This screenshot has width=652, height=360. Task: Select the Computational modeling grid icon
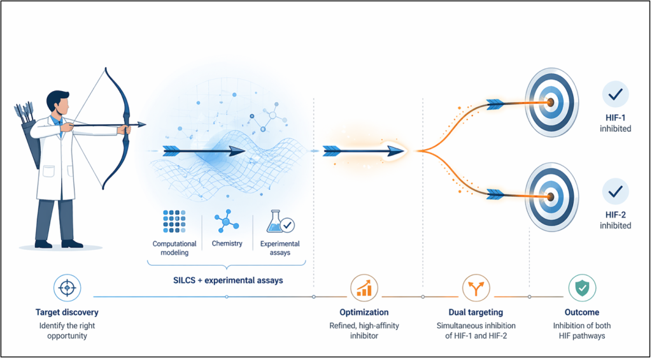pos(174,220)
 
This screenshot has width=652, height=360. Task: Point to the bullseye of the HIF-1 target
pos(551,101)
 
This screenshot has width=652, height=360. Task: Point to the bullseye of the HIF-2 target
pos(551,196)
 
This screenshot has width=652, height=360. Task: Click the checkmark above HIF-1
pos(616,96)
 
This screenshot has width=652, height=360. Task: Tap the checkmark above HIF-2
pos(616,191)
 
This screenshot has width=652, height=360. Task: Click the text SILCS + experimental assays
pos(227,280)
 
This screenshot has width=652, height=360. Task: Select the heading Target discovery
pos(67,312)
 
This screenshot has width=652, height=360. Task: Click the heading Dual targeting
pos(476,312)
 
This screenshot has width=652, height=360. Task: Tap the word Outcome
pos(582,312)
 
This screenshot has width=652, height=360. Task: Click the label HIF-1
pos(616,119)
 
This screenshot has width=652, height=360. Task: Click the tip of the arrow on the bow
pos(146,124)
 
